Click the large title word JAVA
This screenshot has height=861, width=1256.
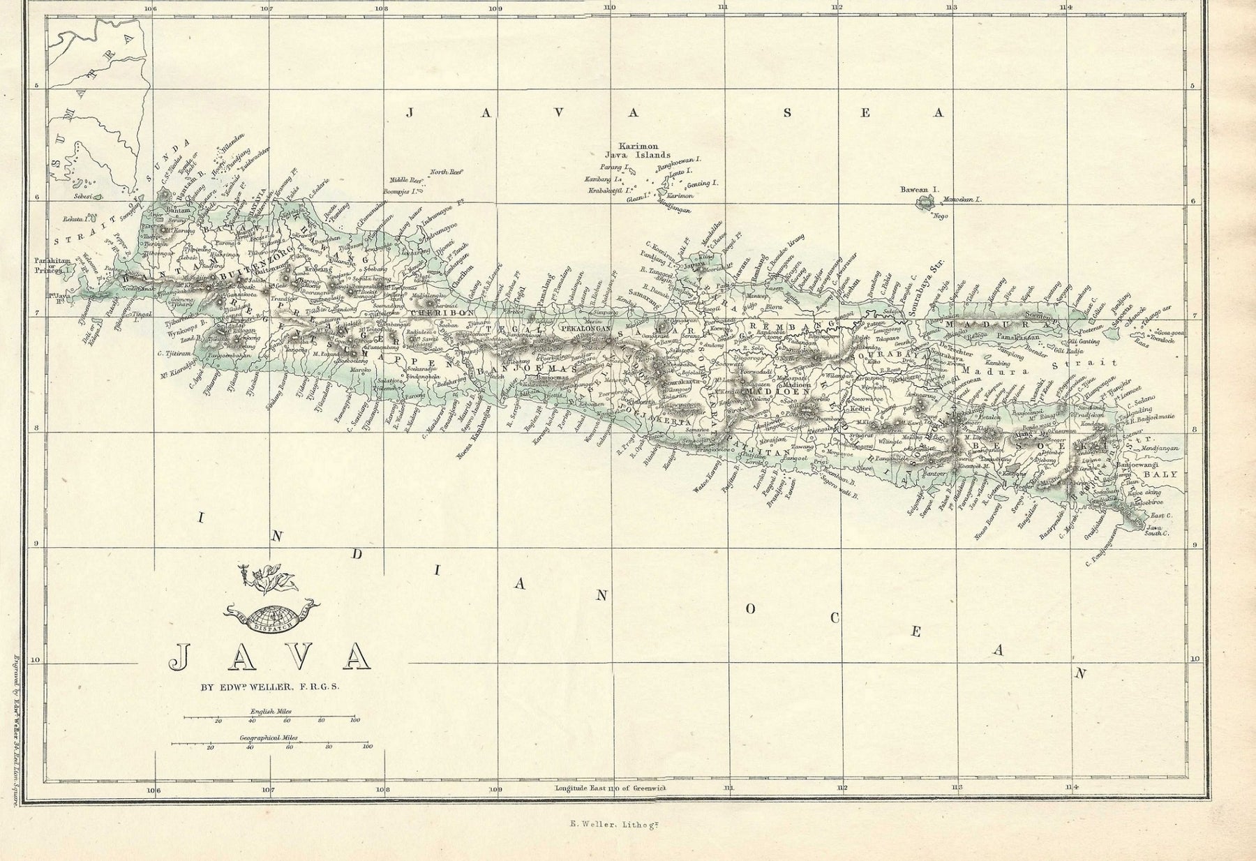click(x=269, y=655)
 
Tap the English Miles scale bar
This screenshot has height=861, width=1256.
click(x=269, y=717)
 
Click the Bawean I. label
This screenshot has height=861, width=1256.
click(x=920, y=189)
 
